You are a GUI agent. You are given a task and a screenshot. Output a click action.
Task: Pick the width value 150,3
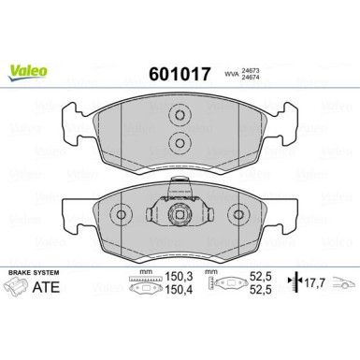[x=179, y=277]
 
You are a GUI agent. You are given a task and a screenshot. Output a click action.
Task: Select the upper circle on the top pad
[x=179, y=117]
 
